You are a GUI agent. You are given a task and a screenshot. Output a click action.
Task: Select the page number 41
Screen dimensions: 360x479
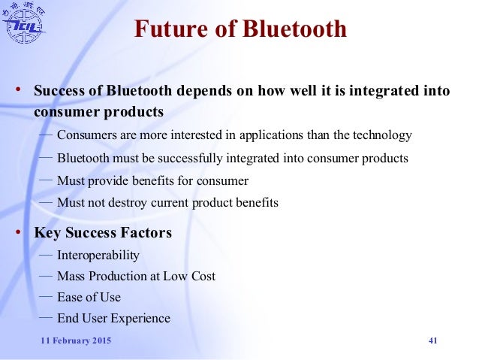coord(432,342)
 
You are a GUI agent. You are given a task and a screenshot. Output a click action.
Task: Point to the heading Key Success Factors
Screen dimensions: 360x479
coord(103,233)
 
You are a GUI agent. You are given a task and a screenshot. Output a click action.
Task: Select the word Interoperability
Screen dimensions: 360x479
coord(98,256)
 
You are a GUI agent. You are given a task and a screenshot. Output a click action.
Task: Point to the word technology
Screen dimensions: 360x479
coord(381,135)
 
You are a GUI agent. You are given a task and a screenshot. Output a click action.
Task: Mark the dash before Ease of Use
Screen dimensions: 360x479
coord(45,296)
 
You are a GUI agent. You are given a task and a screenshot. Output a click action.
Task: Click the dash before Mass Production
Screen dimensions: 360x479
coord(45,275)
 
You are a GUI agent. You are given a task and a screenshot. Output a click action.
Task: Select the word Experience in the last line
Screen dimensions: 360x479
coord(143,319)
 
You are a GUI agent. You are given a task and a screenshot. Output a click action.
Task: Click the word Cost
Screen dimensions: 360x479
coord(203,277)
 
